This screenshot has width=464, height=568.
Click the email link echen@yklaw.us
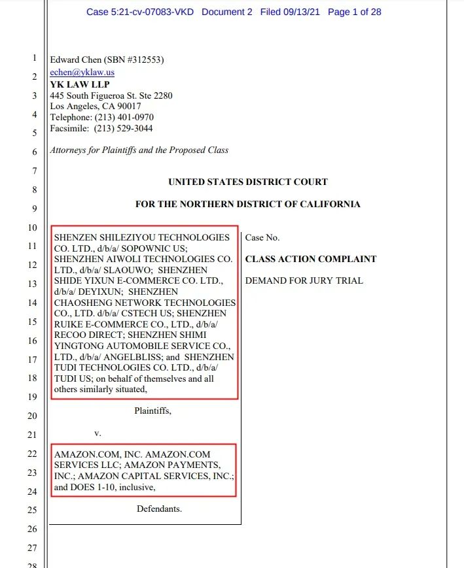pyautogui.click(x=82, y=73)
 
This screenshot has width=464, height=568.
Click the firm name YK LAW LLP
pyautogui.click(x=80, y=84)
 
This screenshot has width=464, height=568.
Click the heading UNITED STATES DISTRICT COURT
pyautogui.click(x=247, y=182)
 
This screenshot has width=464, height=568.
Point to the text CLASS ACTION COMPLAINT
pyautogui.click(x=310, y=259)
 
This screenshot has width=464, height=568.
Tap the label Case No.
pyautogui.click(x=262, y=238)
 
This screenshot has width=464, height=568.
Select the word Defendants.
pyautogui.click(x=159, y=508)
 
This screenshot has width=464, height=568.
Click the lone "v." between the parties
pyautogui.click(x=98, y=433)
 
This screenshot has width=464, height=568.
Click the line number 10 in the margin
pyautogui.click(x=33, y=227)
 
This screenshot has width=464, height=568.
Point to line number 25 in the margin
pyautogui.click(x=33, y=510)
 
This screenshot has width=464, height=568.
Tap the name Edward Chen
pyautogui.click(x=76, y=60)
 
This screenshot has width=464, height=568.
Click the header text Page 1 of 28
pyautogui.click(x=354, y=12)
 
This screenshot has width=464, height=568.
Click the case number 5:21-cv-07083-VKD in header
pyautogui.click(x=149, y=12)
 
